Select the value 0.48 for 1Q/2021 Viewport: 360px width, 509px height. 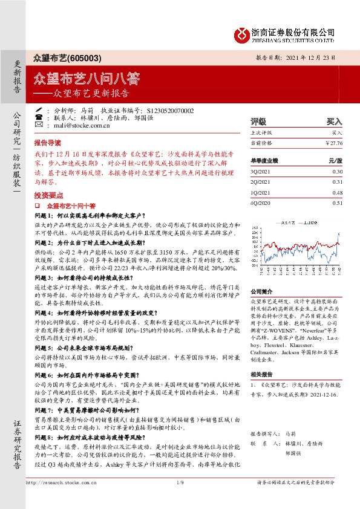click(337, 192)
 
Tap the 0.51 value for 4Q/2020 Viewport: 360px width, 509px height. click(337, 203)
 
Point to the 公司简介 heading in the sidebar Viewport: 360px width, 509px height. click(262, 291)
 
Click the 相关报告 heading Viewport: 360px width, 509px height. click(262, 375)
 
